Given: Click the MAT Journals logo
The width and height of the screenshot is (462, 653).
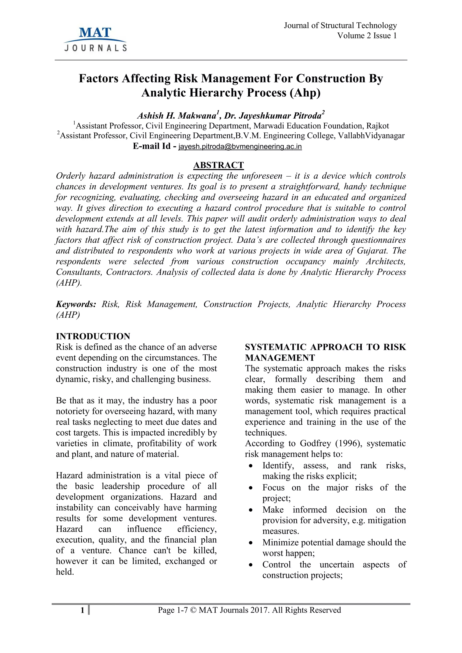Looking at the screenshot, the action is [95, 39].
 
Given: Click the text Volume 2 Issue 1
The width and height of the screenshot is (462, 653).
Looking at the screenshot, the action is [367, 36].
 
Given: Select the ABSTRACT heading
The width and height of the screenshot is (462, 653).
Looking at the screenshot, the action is [219, 165].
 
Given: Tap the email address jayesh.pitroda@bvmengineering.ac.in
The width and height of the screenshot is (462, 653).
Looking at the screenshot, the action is [240, 147].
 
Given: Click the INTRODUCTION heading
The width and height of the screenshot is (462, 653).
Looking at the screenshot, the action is [93, 336].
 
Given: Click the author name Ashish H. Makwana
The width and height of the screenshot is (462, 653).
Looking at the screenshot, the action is [177, 116].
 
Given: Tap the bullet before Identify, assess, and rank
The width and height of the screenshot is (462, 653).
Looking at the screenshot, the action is [251, 466].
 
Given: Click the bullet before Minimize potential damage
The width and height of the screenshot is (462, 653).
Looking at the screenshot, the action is [251, 543].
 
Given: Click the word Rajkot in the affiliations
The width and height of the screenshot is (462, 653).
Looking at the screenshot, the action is [377, 126].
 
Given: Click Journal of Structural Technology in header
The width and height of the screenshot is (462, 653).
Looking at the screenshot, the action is [340, 26].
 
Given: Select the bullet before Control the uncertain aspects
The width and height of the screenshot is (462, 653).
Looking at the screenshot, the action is [251, 565].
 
